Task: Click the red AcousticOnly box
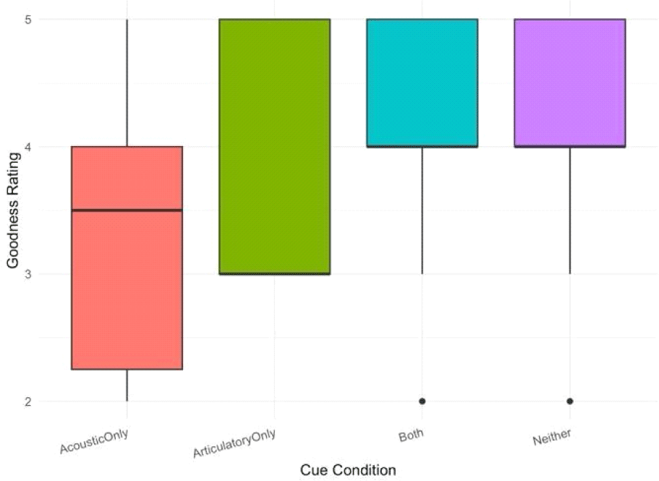coord(127,289)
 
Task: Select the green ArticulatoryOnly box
coord(275,145)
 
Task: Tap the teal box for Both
coord(422,83)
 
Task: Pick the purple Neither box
coord(570,83)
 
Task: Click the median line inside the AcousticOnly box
coord(127,210)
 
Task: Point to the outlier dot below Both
coord(422,401)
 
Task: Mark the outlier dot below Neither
coord(570,401)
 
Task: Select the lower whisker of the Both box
coord(422,210)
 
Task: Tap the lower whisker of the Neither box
coord(570,210)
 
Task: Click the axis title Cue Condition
coord(348,470)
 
